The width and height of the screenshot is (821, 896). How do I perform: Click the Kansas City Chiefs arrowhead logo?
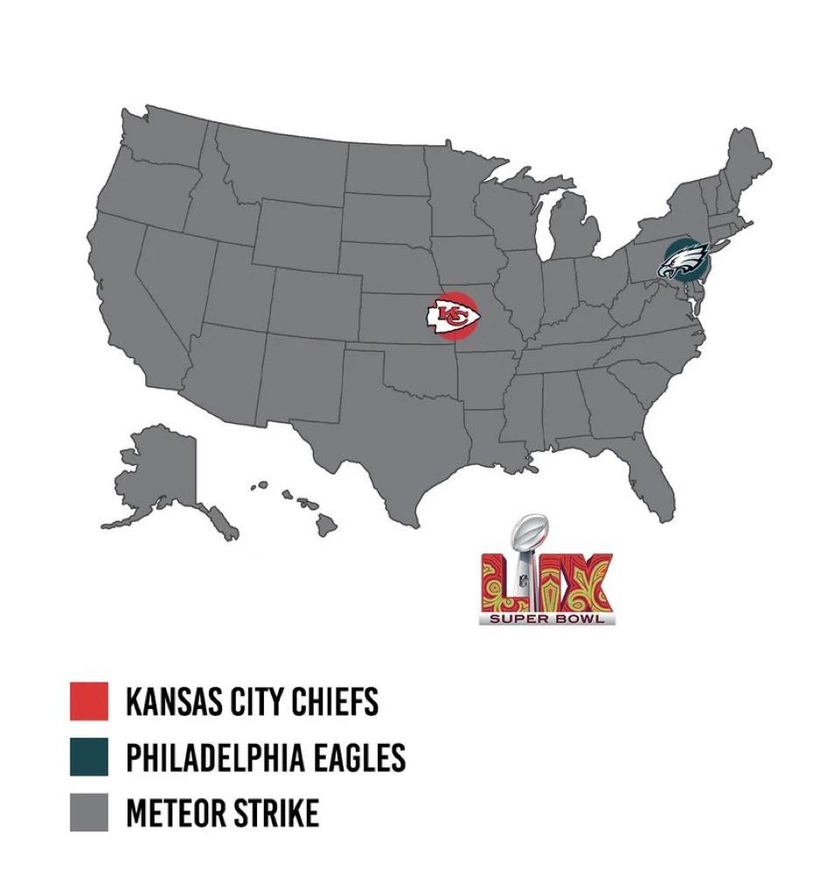[x=452, y=316]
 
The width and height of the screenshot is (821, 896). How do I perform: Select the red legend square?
[x=88, y=701]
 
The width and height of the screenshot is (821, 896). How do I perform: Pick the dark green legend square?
[x=88, y=757]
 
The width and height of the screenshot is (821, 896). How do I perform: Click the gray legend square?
[x=88, y=812]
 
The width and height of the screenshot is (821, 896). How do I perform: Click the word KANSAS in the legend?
[x=173, y=702]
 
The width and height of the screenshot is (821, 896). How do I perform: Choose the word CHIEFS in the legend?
[x=337, y=702]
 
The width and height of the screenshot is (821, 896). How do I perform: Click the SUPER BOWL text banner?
[x=547, y=619]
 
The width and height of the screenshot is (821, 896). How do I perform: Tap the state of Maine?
[x=748, y=166]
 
